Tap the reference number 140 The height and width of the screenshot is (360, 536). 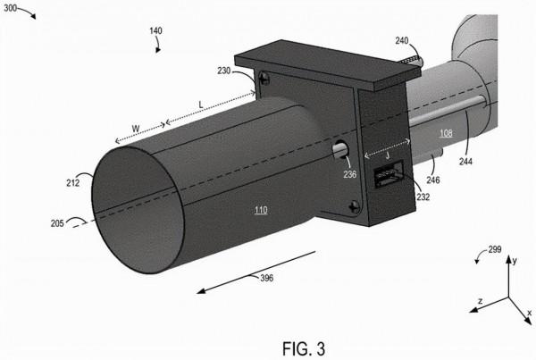(155, 30)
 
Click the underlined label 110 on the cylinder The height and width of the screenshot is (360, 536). (260, 210)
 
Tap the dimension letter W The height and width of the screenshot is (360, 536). (135, 129)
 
